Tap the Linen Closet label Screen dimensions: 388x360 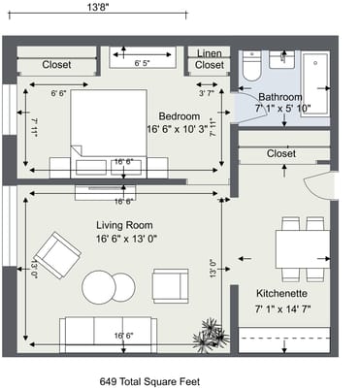(210, 59)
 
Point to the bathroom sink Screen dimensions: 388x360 (281, 60)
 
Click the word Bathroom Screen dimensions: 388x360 (279, 97)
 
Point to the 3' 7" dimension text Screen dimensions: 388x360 (206, 93)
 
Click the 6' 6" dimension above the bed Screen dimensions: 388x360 (58, 93)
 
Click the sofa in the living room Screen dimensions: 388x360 (106, 334)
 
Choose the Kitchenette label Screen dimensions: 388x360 (281, 293)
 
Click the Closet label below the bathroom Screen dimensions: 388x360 (280, 153)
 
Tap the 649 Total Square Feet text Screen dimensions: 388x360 (156, 381)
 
